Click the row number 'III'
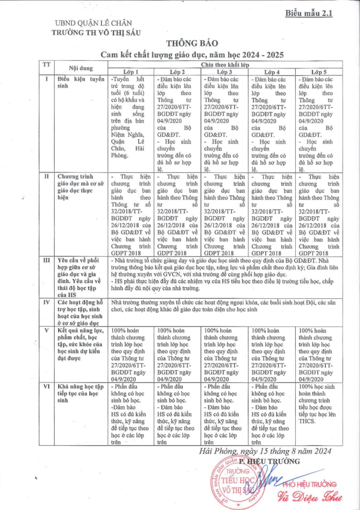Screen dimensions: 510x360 click(46, 260)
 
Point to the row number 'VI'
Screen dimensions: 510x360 click(46, 386)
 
